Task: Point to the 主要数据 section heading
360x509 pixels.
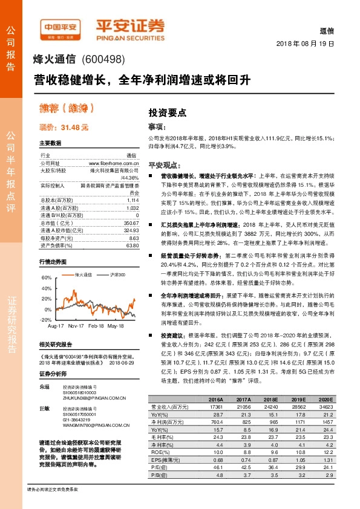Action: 50,143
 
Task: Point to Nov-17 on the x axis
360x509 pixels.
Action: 76,325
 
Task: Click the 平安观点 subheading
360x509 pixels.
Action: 164,164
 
